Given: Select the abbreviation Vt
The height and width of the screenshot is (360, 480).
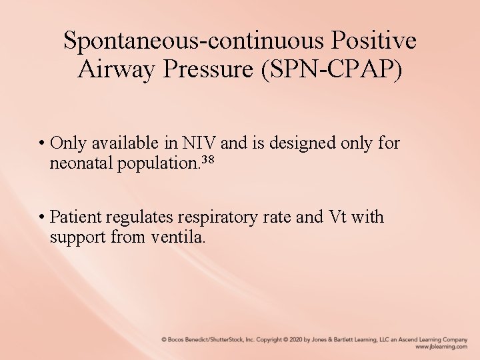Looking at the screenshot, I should [336, 217].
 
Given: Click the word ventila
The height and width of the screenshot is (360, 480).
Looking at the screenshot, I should [181, 236].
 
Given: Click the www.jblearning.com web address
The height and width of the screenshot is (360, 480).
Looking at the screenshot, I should [441, 347].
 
